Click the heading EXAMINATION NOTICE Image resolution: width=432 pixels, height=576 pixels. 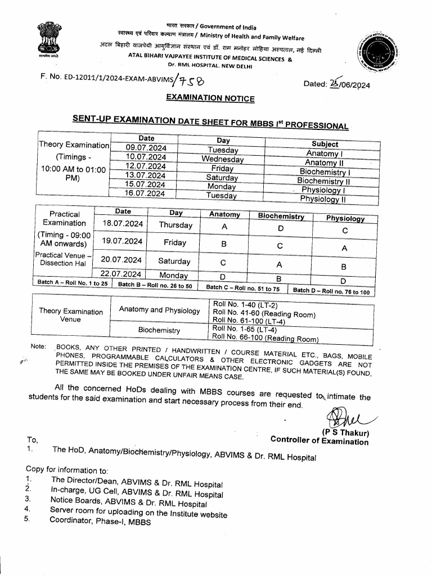pyautogui.click(x=210, y=98)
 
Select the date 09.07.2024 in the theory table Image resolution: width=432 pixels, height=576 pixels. pyautogui.click(x=146, y=147)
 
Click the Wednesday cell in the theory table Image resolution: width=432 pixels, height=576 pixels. pyautogui.click(x=222, y=159)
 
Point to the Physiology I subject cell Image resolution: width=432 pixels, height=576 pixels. pyautogui.click(x=323, y=190)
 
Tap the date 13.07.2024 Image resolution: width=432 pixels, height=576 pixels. pyautogui.click(x=145, y=175)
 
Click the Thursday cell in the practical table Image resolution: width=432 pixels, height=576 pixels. pyautogui.click(x=175, y=225)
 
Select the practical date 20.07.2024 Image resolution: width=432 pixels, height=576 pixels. pyautogui.click(x=121, y=259)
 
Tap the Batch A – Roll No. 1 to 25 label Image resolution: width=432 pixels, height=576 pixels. pyautogui.click(x=72, y=283)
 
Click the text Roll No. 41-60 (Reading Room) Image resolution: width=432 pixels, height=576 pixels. pyautogui.click(x=264, y=313)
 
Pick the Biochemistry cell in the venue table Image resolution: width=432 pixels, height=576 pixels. pyautogui.click(x=159, y=330)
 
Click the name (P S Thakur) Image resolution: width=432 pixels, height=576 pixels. pyautogui.click(x=345, y=432)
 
